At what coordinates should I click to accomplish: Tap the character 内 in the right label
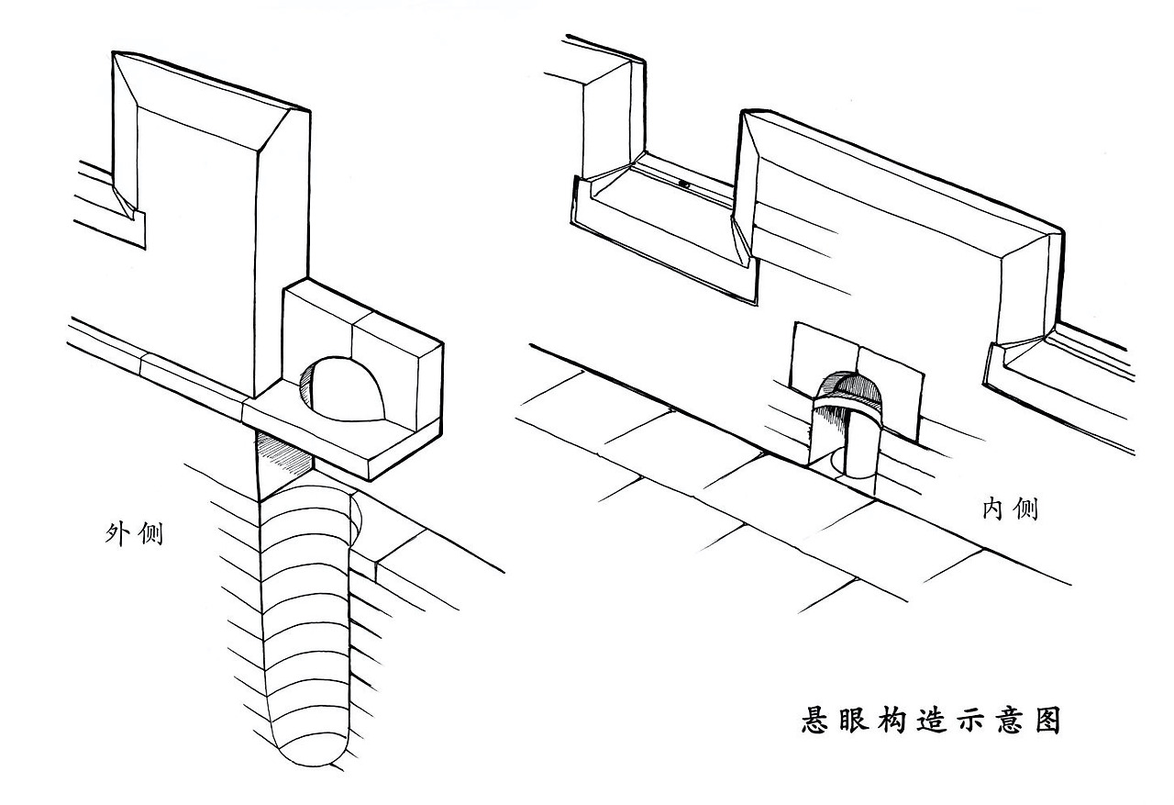click(995, 509)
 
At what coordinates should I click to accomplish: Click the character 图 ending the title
click(1046, 720)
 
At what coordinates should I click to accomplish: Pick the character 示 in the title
click(969, 720)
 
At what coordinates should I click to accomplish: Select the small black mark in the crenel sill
click(684, 184)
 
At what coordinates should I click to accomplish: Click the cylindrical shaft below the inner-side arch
click(857, 441)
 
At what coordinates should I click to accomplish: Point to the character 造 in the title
click(930, 720)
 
